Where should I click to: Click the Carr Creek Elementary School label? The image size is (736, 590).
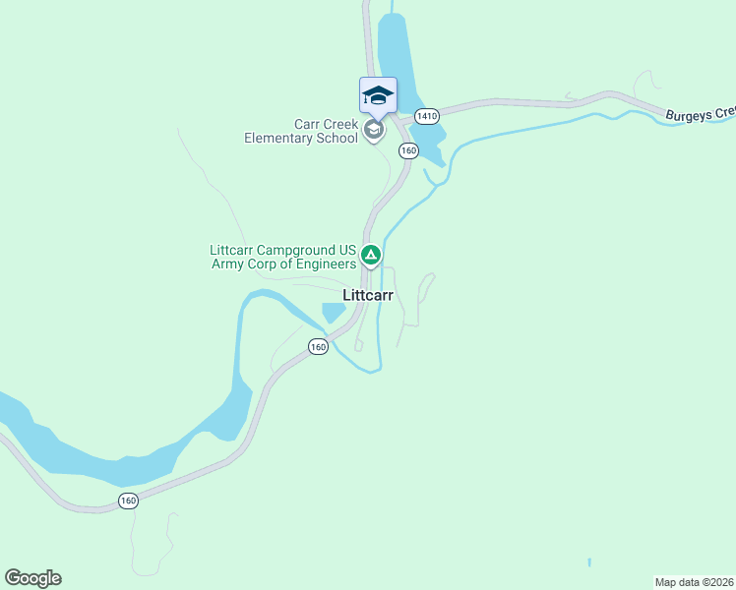(301, 131)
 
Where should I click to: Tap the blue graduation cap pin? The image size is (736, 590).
(378, 95)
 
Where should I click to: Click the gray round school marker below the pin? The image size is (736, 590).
(373, 130)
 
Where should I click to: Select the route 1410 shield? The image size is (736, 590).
(426, 116)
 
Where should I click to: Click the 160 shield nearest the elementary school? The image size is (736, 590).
(409, 150)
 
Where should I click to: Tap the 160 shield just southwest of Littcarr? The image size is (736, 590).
(317, 347)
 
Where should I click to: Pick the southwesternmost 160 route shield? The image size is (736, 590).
(128, 501)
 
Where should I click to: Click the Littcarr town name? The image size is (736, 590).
(368, 295)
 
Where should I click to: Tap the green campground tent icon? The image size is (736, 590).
(371, 257)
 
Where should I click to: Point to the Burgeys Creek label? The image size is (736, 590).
(699, 115)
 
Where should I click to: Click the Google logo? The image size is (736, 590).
(32, 578)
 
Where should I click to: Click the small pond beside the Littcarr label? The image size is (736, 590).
(333, 313)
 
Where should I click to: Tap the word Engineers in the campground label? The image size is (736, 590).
(320, 265)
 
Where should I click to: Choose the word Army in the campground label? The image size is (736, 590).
(229, 265)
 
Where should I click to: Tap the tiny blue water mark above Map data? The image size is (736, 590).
(589, 562)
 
